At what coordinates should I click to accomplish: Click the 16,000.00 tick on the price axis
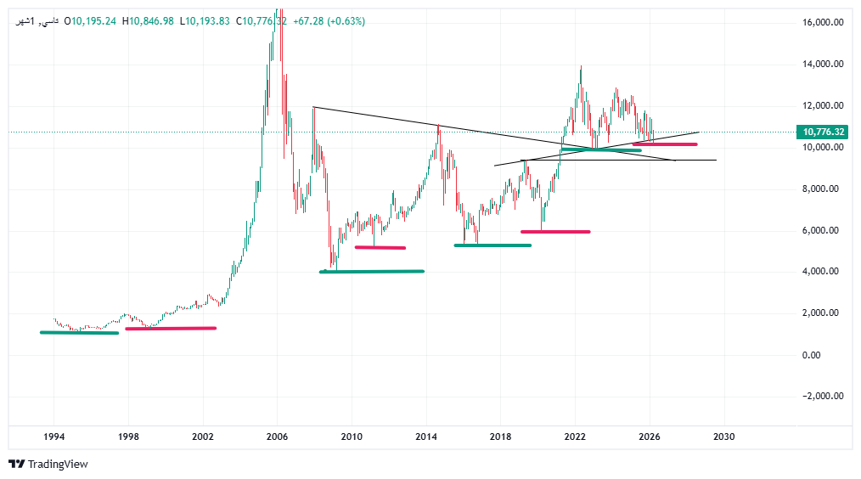click(x=822, y=23)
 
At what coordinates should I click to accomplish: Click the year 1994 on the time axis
click(x=53, y=436)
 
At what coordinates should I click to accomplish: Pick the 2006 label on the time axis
click(x=277, y=436)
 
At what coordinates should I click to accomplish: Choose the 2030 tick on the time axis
click(x=723, y=436)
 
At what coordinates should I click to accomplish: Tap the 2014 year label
click(x=426, y=436)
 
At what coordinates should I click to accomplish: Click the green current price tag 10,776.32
click(x=822, y=132)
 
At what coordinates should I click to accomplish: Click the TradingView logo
click(x=48, y=464)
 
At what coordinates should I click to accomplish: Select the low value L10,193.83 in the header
click(x=205, y=21)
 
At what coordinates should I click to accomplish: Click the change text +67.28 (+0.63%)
click(x=329, y=21)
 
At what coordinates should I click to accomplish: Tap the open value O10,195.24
click(x=92, y=21)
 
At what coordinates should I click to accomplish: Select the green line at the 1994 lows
click(x=79, y=332)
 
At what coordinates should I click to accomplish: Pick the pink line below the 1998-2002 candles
click(x=170, y=328)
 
